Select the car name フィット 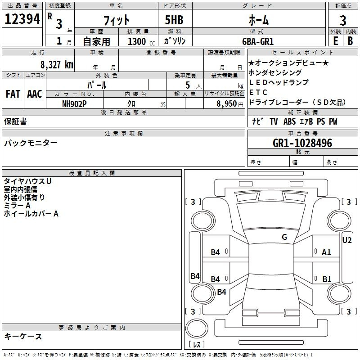coord(117,20)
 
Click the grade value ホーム coord(259,20)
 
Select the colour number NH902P coord(74,103)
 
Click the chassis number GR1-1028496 coord(302,144)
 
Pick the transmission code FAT coord(13,94)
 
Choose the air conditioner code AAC coord(35,94)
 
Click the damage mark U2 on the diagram coord(347,240)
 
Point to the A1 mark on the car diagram coord(326,252)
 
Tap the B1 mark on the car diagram coord(327,279)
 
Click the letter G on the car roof coord(284,237)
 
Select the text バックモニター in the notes coord(31,143)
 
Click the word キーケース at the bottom coord(23,337)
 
